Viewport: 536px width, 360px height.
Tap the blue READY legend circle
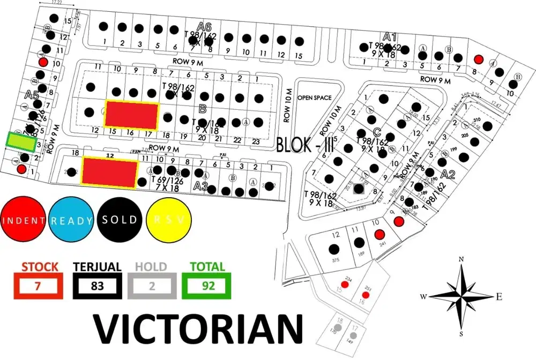71,220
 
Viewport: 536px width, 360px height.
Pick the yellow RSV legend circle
168,220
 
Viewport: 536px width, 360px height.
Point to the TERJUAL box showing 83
97,286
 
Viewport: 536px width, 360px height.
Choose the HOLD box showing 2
151,286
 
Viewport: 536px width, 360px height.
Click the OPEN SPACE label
315,97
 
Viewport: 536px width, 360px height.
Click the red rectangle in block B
132,114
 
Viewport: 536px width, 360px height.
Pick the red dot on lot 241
379,234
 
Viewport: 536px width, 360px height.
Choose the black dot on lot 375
334,249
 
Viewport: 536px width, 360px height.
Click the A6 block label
204,26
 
